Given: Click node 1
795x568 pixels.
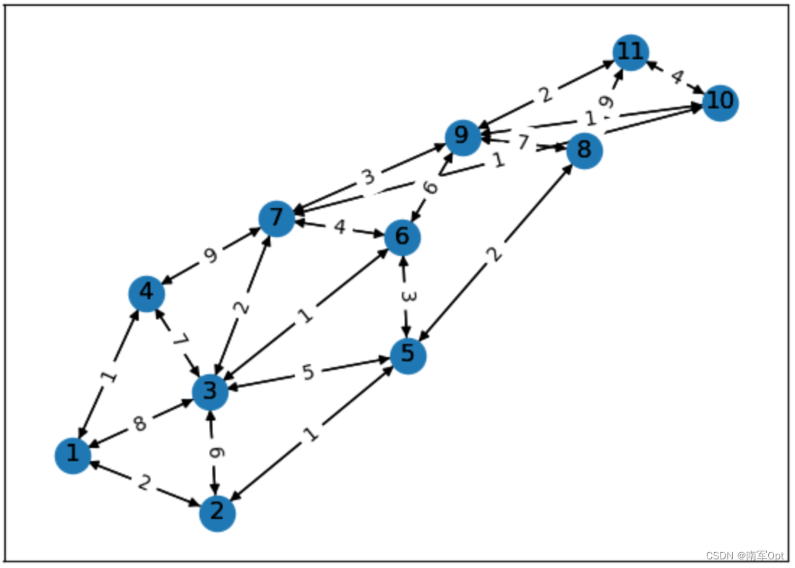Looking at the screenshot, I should coord(72,455).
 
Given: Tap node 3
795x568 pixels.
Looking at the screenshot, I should coord(210,392).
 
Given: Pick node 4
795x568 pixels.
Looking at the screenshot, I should coord(147,293).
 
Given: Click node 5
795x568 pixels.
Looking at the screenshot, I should coord(408,355).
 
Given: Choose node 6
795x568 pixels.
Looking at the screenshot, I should coord(403,236).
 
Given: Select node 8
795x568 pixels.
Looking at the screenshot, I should coord(584,151).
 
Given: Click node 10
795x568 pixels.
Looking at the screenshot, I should coord(720,103).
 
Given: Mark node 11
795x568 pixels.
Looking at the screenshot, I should coord(629,53).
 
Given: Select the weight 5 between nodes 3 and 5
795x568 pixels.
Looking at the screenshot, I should coord(309,374).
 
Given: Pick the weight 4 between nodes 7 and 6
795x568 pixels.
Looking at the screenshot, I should coord(340,228).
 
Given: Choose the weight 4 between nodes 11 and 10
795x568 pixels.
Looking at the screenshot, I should coord(676,77).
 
